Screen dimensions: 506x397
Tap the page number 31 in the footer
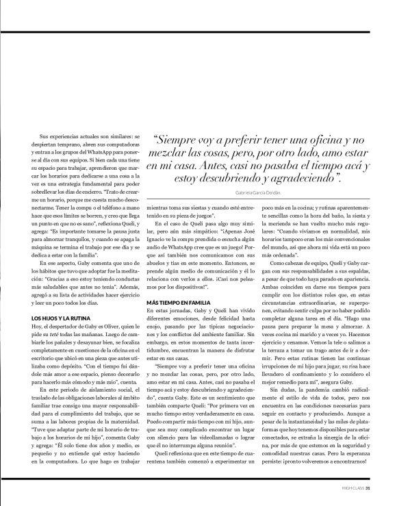pyautogui.click(x=368, y=488)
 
